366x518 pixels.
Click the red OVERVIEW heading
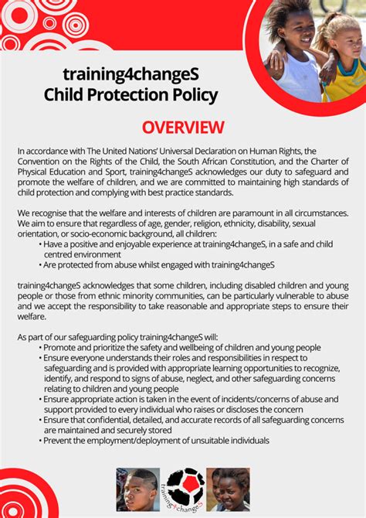183,127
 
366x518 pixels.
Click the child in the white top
296,50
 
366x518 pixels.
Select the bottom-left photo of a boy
137,489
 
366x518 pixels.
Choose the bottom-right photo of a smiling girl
229,489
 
